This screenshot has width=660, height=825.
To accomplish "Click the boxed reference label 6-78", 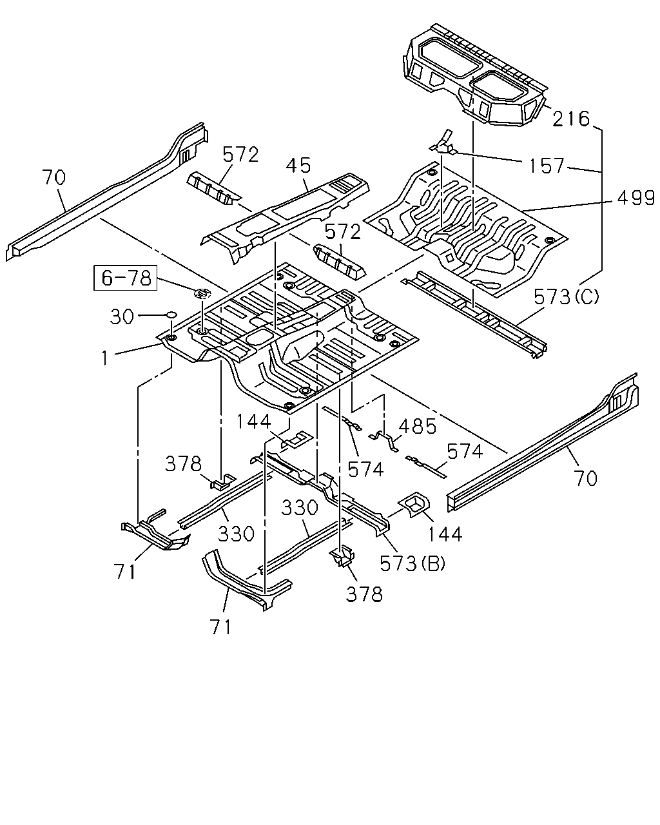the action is coord(126,278).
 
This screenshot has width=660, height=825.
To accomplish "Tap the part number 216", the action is coord(571,119).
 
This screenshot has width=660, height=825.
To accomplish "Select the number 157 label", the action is coord(546,166).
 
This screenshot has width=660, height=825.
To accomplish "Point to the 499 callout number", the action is coord(636,198).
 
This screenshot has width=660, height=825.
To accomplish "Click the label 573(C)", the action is coord(567,296).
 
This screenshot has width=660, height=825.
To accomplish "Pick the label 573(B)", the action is coord(412,563).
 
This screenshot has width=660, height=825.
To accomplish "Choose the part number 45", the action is coord(299,166).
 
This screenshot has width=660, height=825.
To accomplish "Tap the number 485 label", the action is coord(418,427).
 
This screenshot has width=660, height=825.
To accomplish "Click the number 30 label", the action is coord(122,317).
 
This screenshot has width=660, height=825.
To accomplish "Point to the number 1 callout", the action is coord(104,358).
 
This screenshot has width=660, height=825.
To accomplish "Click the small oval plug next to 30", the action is coord(171,315).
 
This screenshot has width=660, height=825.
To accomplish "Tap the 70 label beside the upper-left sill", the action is coord(54,177).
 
